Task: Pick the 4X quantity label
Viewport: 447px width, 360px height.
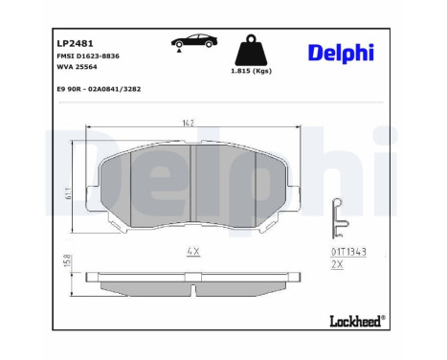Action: tap(193, 253)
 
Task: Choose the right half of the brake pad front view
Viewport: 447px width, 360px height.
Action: tap(239, 187)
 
